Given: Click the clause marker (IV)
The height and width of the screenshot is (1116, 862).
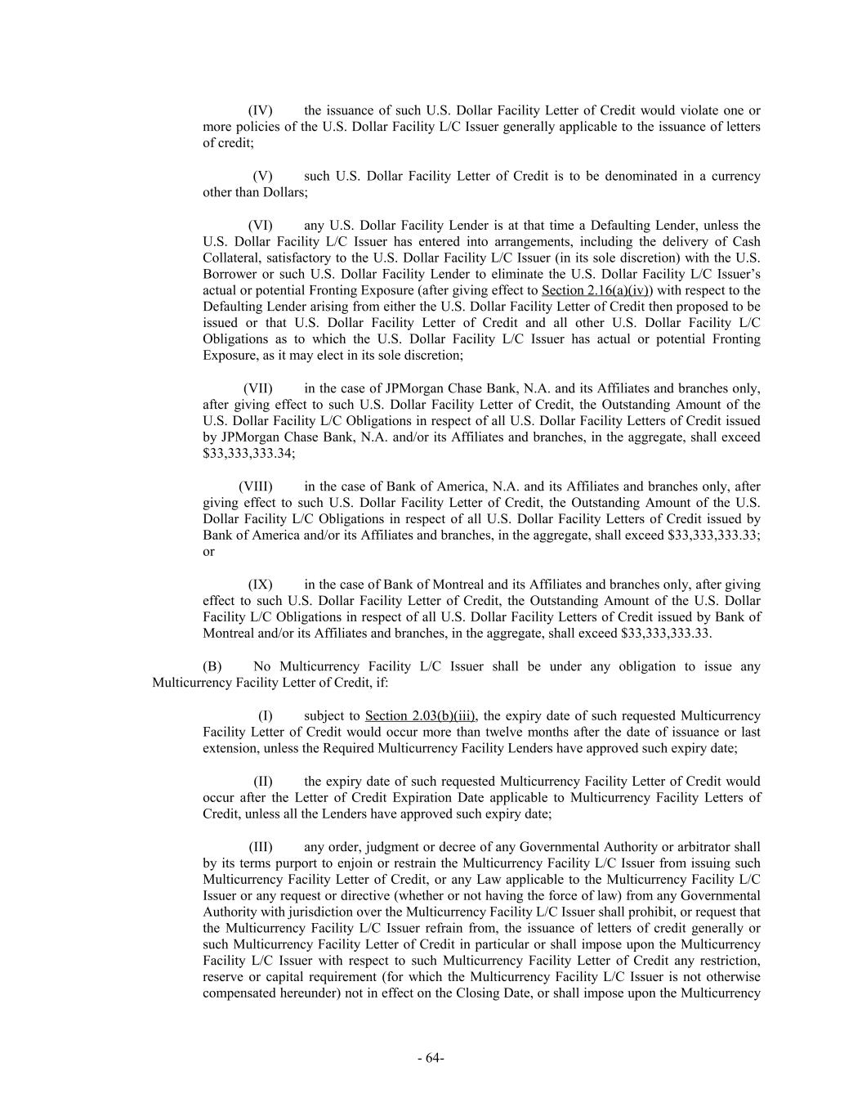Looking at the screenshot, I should click(260, 110).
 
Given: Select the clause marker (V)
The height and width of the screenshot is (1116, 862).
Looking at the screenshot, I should click(262, 176).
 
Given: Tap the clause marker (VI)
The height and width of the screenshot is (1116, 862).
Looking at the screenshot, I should click(260, 225).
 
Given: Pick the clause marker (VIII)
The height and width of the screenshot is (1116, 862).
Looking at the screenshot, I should click(255, 486).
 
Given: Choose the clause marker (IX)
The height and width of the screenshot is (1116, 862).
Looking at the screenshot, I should click(260, 585).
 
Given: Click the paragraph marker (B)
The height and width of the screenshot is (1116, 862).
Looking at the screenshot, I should click(212, 666).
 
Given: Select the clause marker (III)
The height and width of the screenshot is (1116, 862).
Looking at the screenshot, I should click(260, 846).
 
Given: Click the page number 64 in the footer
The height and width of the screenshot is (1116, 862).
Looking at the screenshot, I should click(431, 1058).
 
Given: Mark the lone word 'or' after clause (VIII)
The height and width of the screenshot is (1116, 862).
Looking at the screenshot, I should click(208, 552).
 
